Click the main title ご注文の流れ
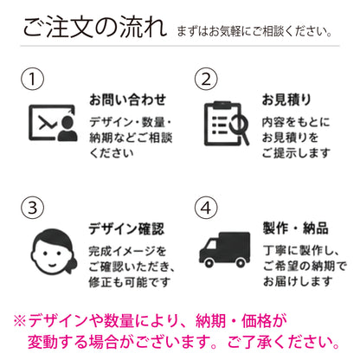click(x=95, y=27)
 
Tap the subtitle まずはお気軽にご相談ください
click(x=254, y=31)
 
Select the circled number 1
click(x=32, y=79)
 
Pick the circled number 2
click(x=206, y=79)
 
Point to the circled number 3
click(x=32, y=208)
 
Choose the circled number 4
click(x=206, y=208)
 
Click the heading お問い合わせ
click(x=127, y=100)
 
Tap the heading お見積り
click(x=286, y=100)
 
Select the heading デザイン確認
click(x=126, y=228)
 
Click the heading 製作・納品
click(x=296, y=228)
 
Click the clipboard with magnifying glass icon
click(x=227, y=124)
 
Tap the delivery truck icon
click(x=224, y=249)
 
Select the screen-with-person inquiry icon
click(x=53, y=123)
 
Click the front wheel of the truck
click(x=209, y=262)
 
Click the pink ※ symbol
click(x=20, y=321)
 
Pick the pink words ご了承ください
click(x=284, y=342)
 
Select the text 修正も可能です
click(x=130, y=282)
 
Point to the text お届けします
click(x=298, y=281)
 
